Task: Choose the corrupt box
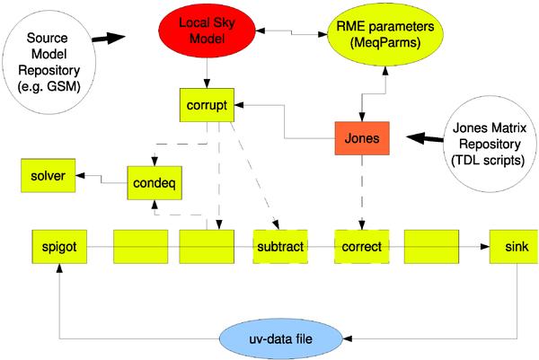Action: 208,104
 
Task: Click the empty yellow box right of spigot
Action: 140,246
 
